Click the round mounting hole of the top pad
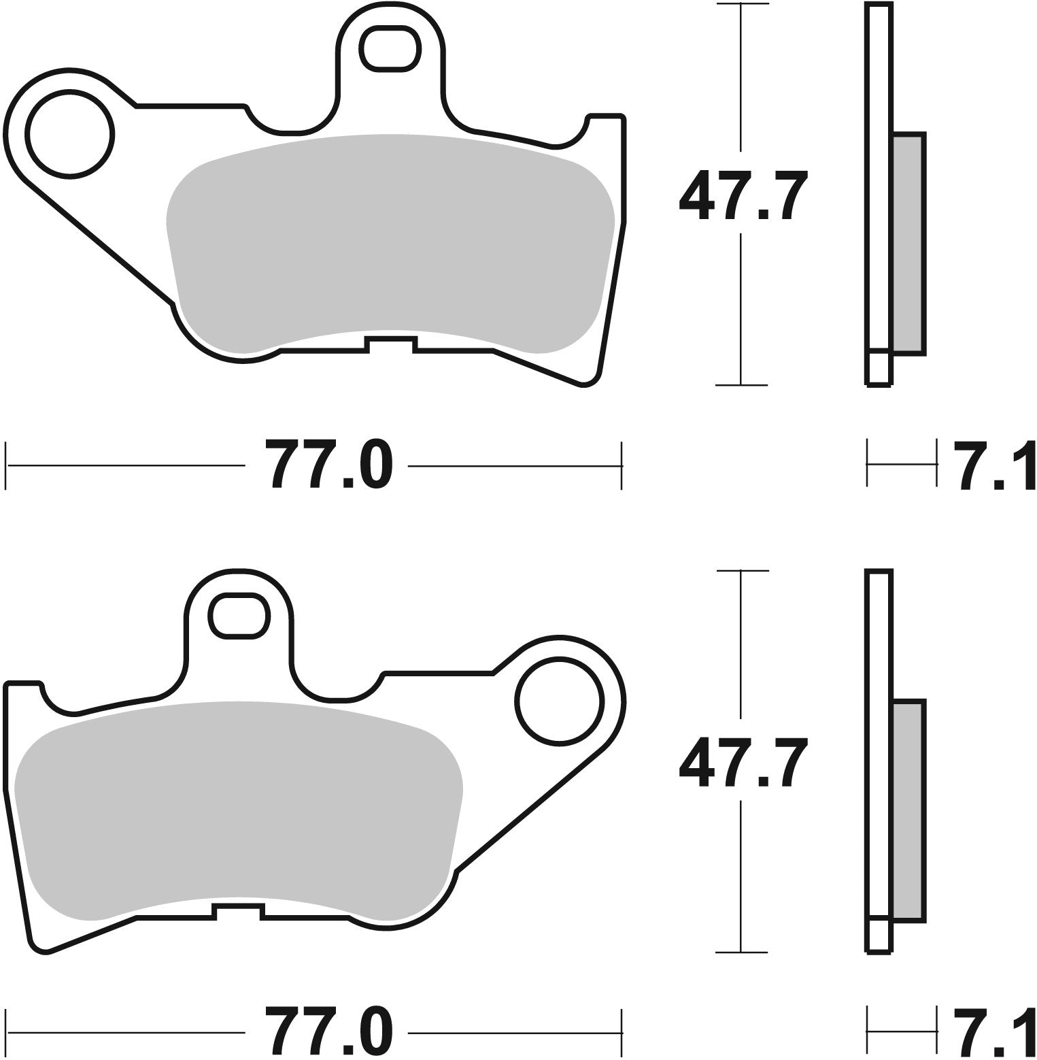pos(69,134)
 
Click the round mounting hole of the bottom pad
pos(559,700)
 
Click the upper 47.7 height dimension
pos(743,194)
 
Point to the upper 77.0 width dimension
pos(328,465)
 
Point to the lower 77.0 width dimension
pos(328,1031)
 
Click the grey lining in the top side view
pos(907,244)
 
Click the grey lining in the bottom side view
pos(907,810)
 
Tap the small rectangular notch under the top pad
pos(390,344)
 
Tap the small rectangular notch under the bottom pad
pos(238,911)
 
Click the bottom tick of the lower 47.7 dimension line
pos(741,952)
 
